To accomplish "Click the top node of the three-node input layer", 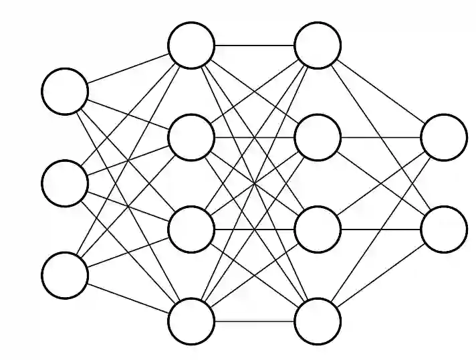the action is coord(65,90).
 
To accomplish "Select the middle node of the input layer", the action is coord(65,182).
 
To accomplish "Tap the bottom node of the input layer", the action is coord(65,274).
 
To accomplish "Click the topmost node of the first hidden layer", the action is coord(191,46).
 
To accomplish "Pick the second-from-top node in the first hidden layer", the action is coord(191,137).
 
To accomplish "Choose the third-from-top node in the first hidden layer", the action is coord(191,230).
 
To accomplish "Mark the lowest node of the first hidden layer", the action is coord(191,321).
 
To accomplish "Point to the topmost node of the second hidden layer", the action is coord(318,46).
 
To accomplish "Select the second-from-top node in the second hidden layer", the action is coord(318,137).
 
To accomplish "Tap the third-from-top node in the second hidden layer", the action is coord(318,230).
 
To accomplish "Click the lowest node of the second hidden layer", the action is coord(318,321).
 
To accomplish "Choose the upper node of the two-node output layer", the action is coord(444,137).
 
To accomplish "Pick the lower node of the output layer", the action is coord(444,230).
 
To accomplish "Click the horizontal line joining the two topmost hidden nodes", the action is coord(254,46).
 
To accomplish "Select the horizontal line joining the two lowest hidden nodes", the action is coord(254,321).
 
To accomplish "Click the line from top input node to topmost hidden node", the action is coord(128,68).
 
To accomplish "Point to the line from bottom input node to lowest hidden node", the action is coord(128,298).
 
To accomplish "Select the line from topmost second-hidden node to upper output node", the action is coord(380,91).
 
